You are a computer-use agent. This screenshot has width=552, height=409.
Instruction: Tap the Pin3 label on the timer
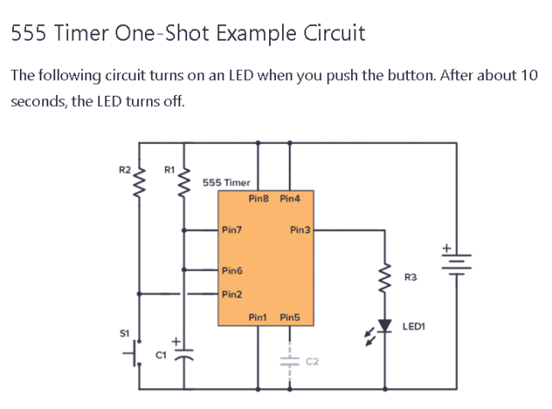click(300, 230)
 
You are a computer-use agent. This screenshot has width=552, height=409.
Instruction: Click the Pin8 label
click(260, 198)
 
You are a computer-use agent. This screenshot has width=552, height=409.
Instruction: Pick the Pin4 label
click(290, 198)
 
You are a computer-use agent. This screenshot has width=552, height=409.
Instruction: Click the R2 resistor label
click(124, 169)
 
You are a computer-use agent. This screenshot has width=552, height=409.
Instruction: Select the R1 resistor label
click(169, 169)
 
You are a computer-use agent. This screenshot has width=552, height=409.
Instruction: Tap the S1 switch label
click(124, 332)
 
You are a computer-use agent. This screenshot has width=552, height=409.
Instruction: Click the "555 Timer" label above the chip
click(226, 183)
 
